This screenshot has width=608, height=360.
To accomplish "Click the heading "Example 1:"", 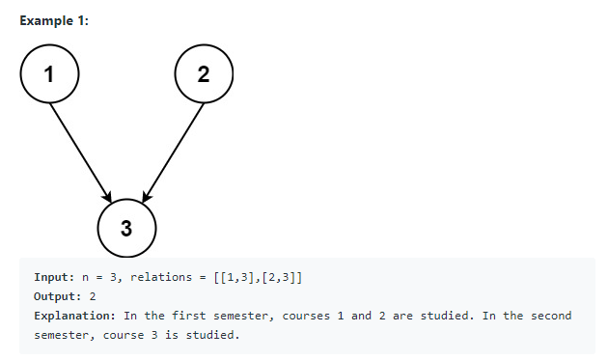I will click(54, 21).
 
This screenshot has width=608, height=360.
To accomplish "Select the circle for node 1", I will click(49, 73).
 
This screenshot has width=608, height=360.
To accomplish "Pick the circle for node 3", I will click(126, 228).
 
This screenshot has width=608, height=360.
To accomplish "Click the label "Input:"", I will click(54, 278).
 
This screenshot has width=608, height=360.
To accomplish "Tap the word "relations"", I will click(159, 278).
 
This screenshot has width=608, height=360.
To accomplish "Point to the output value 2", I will click(93, 297).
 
